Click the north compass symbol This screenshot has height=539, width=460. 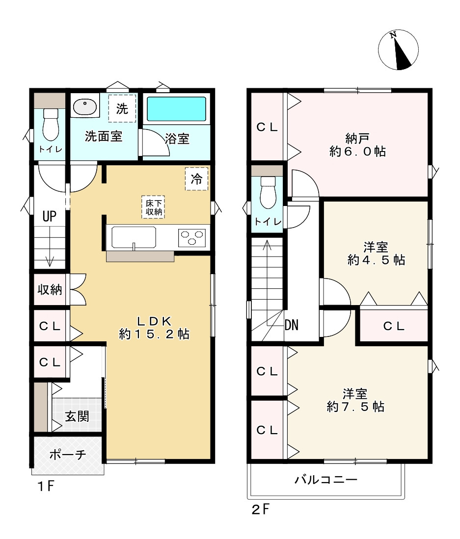[x=398, y=50]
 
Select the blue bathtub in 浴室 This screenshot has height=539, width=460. [x=176, y=109]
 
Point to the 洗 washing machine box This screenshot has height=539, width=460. [x=122, y=108]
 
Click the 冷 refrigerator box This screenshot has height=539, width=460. [x=196, y=179]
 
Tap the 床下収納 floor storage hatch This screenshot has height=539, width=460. [x=153, y=207]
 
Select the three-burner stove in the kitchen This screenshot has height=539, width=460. [x=192, y=238]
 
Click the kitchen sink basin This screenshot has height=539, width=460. [x=134, y=238]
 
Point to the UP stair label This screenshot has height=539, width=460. [x=49, y=216]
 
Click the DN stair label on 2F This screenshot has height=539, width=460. [x=292, y=325]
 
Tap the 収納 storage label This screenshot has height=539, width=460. [x=50, y=290]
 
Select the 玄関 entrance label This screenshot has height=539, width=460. [x=77, y=417]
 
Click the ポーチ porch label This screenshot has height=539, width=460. [x=68, y=454]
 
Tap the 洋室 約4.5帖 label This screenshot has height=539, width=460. [x=376, y=254]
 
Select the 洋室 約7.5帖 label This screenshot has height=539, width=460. [x=355, y=400]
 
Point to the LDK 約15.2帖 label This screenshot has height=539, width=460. [x=154, y=328]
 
